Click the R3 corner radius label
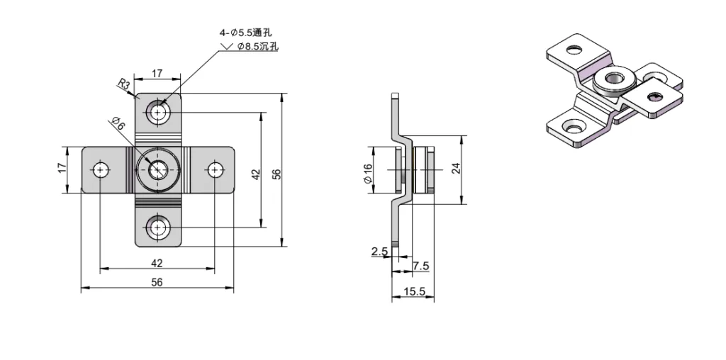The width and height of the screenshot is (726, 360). pos(123,85)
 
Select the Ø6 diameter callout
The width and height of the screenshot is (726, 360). pos(119,125)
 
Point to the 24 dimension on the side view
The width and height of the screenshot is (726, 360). pos(456,168)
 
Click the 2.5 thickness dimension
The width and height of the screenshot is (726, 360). pos(379,251)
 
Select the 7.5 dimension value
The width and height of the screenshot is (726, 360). pos(420,266)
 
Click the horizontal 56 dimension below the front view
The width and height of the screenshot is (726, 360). pos(157,281)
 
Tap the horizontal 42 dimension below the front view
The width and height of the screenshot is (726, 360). pos(157,262)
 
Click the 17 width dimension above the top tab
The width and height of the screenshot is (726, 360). pos(157,73)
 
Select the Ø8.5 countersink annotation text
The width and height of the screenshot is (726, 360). pos(258,46)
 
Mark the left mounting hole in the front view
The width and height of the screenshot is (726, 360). pos(100,169)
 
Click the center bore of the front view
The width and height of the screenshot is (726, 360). pos(157,169)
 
